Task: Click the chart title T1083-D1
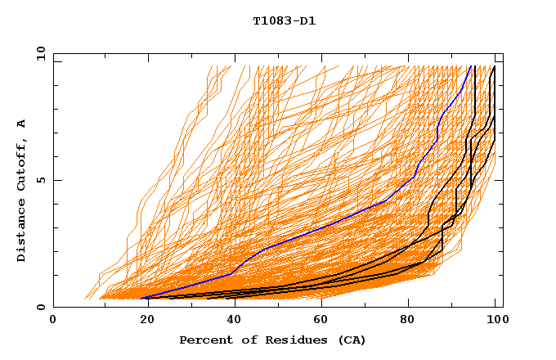click(x=284, y=21)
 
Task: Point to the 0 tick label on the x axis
click(x=53, y=321)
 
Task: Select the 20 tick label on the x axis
click(x=142, y=321)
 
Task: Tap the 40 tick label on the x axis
click(x=231, y=321)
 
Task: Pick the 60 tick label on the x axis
click(x=320, y=321)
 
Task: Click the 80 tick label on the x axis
click(x=408, y=321)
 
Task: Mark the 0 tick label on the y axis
click(x=41, y=308)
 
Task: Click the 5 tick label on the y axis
click(x=41, y=181)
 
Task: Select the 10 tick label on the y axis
click(x=38, y=54)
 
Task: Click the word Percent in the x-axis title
click(x=204, y=340)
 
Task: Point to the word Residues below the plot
click(x=291, y=340)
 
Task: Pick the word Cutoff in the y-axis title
click(x=22, y=164)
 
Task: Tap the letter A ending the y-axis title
click(x=22, y=124)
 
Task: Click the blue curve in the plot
click(x=327, y=226)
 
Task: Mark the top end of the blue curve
click(x=470, y=67)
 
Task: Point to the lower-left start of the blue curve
click(x=142, y=298)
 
